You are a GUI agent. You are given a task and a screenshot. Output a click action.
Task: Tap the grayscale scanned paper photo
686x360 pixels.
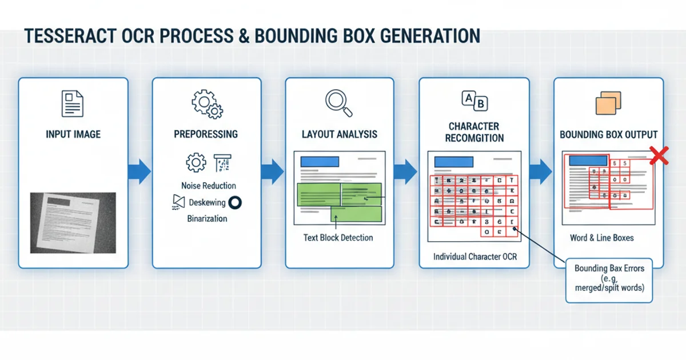tap(73, 222)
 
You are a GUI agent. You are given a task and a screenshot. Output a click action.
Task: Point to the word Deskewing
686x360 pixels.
tap(207, 202)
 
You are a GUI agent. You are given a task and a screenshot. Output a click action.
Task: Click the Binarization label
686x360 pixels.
tap(207, 218)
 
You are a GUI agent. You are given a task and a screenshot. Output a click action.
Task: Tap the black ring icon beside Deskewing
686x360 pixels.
tap(235, 202)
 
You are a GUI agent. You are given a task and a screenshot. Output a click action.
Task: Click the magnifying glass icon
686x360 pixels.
tap(338, 101)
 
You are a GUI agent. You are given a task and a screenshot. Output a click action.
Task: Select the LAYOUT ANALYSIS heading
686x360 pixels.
tap(340, 134)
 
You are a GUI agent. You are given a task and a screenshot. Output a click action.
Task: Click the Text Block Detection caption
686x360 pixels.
tap(338, 238)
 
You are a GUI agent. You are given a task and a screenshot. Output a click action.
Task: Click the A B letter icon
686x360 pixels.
tap(474, 101)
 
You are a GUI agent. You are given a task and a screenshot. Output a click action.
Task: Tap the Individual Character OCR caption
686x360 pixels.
tap(474, 257)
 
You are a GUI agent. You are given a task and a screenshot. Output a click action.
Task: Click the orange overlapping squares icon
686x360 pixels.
tap(608, 103)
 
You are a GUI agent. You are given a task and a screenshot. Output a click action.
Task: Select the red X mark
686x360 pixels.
tap(660, 155)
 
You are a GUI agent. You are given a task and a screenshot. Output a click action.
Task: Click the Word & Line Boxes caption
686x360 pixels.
tap(601, 238)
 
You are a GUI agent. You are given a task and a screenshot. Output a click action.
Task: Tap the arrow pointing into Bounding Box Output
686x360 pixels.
tap(540, 171)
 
